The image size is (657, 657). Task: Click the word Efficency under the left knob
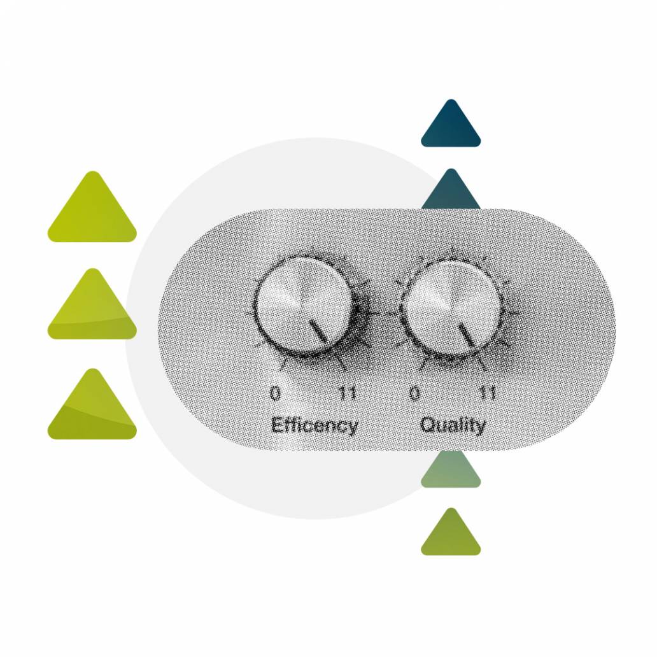pyautogui.click(x=314, y=425)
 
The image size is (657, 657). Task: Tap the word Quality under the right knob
pyautogui.click(x=453, y=425)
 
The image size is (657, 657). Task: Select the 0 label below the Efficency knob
pyautogui.click(x=274, y=394)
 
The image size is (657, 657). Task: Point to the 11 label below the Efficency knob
pyautogui.click(x=347, y=394)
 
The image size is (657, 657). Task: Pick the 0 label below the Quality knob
pyautogui.click(x=414, y=394)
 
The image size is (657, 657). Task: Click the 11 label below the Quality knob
pyautogui.click(x=487, y=394)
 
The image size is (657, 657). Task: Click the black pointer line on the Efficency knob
pyautogui.click(x=318, y=330)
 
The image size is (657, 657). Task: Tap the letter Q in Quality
pyautogui.click(x=427, y=424)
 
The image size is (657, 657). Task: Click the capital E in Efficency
pyautogui.click(x=277, y=424)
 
